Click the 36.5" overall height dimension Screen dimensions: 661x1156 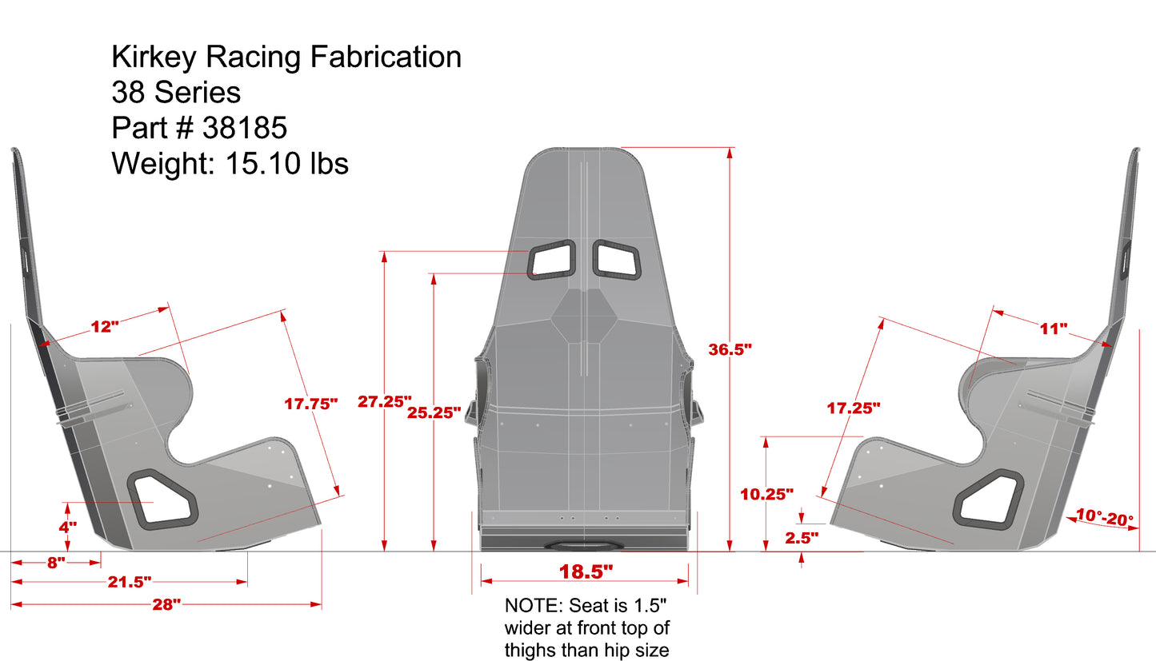[x=730, y=349]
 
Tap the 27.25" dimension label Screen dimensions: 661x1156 [x=384, y=401]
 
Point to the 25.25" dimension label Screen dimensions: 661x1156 [x=434, y=412]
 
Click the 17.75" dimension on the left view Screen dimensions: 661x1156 [x=311, y=404]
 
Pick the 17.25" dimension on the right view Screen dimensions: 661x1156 [x=854, y=408]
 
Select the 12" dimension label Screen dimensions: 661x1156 [x=104, y=326]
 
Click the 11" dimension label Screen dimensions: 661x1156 [x=1054, y=329]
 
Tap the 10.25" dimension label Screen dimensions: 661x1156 [x=766, y=494]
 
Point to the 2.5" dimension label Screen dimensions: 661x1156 [x=802, y=538]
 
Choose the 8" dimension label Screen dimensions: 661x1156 [x=55, y=563]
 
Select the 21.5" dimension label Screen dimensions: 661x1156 [x=129, y=581]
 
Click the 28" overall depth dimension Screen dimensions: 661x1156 [x=166, y=604]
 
